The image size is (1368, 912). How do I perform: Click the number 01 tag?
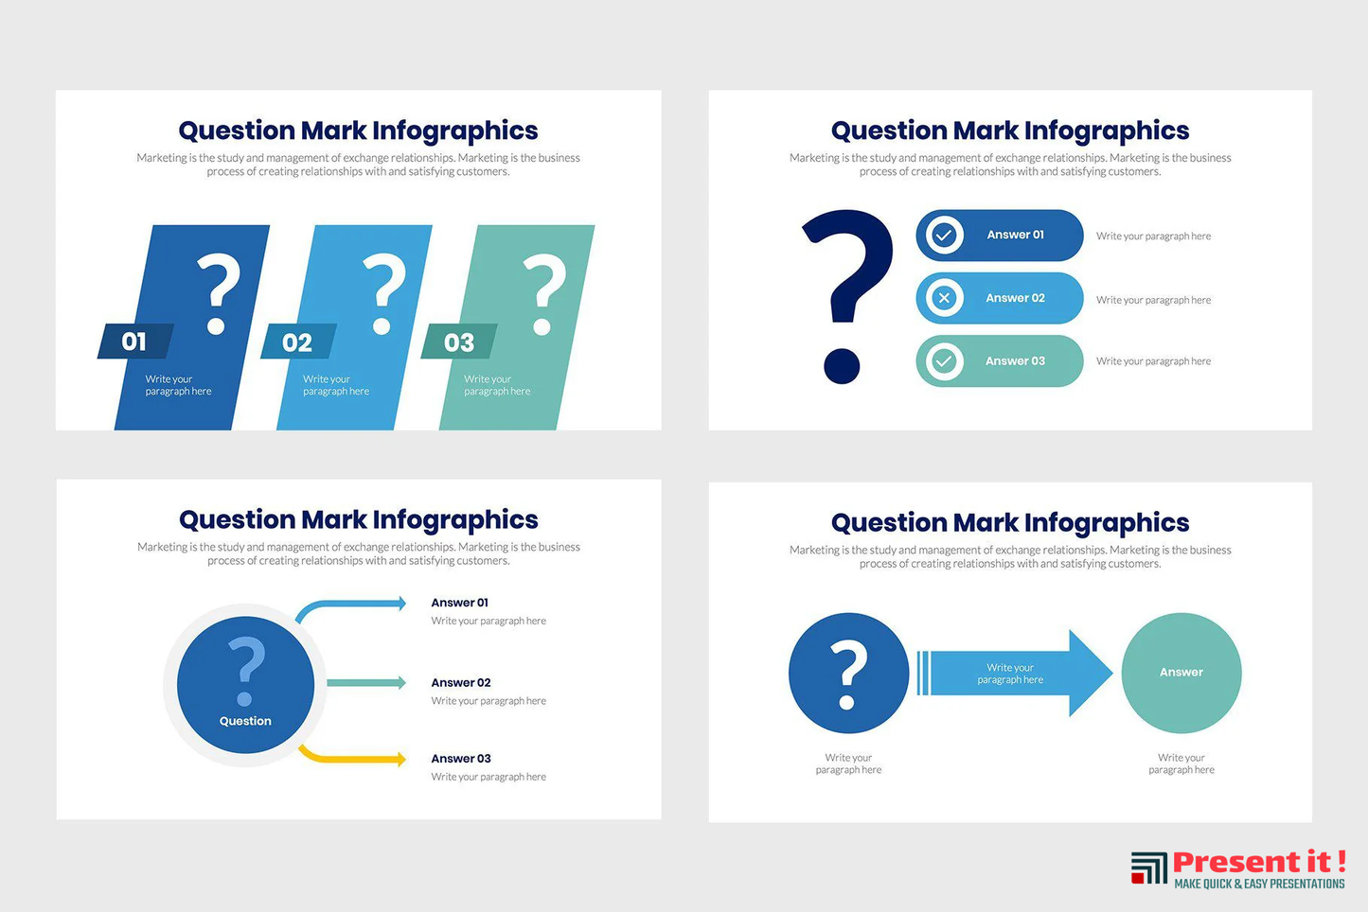click(x=135, y=342)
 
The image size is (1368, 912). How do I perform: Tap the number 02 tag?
click(x=298, y=342)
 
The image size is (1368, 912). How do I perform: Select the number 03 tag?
click(x=459, y=342)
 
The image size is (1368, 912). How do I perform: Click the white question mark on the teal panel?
click(x=544, y=294)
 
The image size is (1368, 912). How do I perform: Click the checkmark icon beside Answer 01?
click(x=944, y=235)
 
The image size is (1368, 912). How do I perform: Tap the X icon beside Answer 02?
click(x=944, y=298)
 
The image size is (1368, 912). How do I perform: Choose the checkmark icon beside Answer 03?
click(x=944, y=360)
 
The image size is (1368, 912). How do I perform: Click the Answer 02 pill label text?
click(x=1015, y=298)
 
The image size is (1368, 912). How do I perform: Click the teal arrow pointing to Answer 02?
click(x=366, y=682)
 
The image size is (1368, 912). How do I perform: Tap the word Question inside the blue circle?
click(x=245, y=721)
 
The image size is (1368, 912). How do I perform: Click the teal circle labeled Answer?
click(x=1181, y=673)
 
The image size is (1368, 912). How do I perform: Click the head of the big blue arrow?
click(x=1090, y=673)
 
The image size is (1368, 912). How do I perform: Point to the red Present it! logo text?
click(x=1259, y=862)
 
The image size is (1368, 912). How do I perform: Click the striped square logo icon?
click(x=1148, y=868)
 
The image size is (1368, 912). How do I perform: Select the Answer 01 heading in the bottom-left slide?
click(x=459, y=603)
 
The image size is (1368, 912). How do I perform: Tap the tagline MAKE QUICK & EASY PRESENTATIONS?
click(x=1259, y=884)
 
